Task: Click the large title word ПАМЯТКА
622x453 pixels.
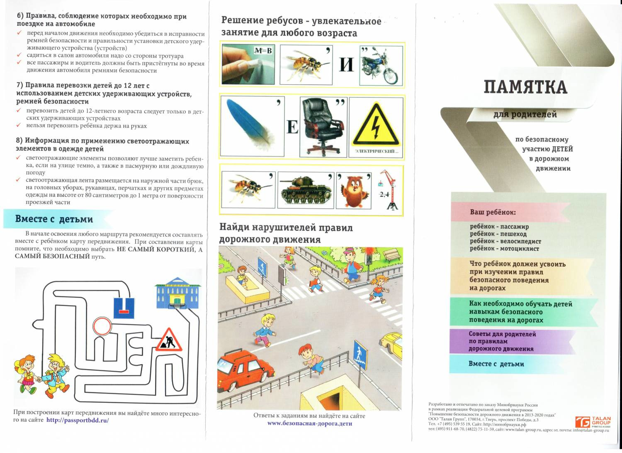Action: tap(525, 87)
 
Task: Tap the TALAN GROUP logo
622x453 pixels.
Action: tap(593, 422)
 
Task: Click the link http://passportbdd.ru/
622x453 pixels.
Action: tap(78, 420)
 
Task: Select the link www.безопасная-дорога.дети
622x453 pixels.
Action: tap(310, 424)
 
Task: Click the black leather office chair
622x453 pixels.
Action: tap(323, 127)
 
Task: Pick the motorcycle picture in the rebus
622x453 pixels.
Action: tap(381, 66)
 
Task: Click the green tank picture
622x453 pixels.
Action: tap(306, 191)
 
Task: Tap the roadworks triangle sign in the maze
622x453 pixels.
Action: tap(168, 340)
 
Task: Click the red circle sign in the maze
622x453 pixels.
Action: tap(102, 326)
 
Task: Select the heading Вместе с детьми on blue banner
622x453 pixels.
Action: tap(54, 219)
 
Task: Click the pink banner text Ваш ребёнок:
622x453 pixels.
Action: tap(493, 212)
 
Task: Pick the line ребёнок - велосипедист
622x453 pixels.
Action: tap(505, 241)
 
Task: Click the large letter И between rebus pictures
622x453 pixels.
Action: tap(346, 65)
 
